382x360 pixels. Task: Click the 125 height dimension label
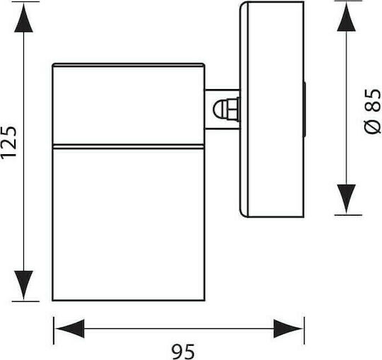(x=8, y=142)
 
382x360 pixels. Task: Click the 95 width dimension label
(x=183, y=352)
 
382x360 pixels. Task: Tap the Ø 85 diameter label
(x=373, y=111)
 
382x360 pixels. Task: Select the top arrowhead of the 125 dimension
(x=23, y=18)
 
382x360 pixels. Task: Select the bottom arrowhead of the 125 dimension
(x=23, y=284)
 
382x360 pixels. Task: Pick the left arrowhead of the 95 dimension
(x=70, y=329)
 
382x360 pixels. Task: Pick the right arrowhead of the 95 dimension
(x=288, y=329)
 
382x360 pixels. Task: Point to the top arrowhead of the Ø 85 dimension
(x=346, y=17)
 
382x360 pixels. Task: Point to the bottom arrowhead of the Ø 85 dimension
(x=346, y=199)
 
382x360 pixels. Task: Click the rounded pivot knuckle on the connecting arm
(x=226, y=109)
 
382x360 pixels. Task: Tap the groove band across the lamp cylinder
(x=128, y=146)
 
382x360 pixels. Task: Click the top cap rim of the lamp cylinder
(x=128, y=65)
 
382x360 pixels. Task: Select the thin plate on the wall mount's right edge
(x=304, y=110)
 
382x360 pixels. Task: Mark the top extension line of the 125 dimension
(x=25, y=1)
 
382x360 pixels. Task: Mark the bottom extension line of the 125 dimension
(x=25, y=301)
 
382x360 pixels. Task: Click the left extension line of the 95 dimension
(x=54, y=330)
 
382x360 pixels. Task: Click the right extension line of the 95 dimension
(x=304, y=330)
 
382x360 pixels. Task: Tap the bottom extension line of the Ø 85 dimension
(x=348, y=215)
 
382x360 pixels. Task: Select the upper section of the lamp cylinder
(x=128, y=105)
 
